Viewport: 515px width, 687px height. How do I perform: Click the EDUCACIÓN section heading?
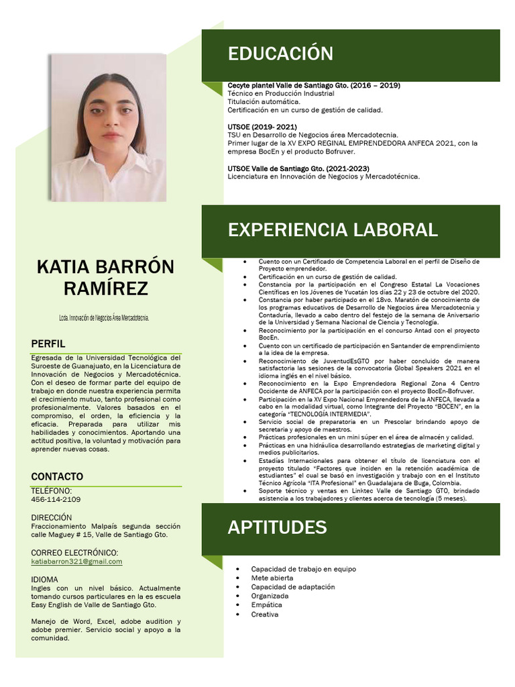pos(280,54)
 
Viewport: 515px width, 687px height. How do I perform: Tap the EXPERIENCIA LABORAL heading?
pos(333,230)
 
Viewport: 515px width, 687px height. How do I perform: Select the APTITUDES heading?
pos(277,527)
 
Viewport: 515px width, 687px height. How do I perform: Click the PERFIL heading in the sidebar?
pos(48,344)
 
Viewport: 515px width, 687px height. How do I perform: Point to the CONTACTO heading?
pos(57,477)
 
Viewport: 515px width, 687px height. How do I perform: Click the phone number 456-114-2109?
pos(56,500)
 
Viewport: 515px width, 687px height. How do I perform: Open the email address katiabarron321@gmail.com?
pos(76,562)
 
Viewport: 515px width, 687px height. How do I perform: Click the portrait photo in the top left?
pos(108,127)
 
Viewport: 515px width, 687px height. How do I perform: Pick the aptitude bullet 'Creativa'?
pos(265,615)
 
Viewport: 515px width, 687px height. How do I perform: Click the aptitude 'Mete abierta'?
pos(272,578)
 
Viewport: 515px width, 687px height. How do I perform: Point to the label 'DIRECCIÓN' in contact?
pos(51,518)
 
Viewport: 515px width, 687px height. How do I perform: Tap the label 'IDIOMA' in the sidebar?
pos(44,580)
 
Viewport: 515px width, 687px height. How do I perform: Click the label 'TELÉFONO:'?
pos(51,491)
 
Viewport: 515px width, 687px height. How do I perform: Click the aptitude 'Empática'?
pos(266,605)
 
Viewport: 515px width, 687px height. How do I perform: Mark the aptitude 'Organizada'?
pos(270,596)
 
